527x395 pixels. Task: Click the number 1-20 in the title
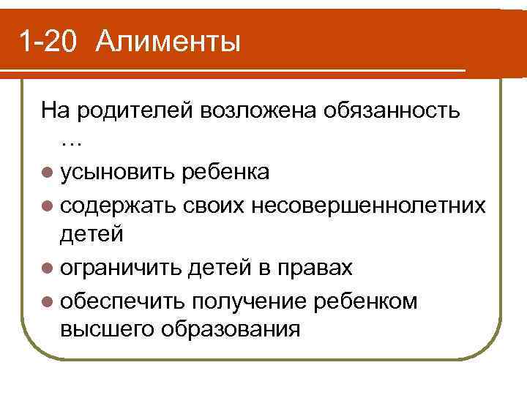[x=48, y=41]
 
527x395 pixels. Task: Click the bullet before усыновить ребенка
[x=48, y=173]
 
